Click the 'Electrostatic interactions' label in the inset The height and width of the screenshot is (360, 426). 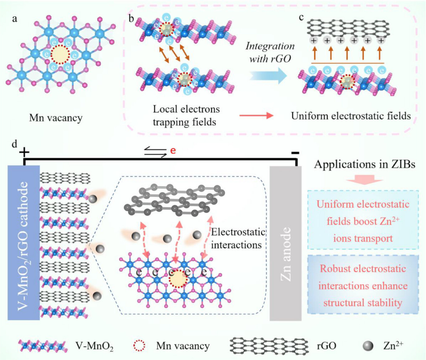(x=236, y=238)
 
